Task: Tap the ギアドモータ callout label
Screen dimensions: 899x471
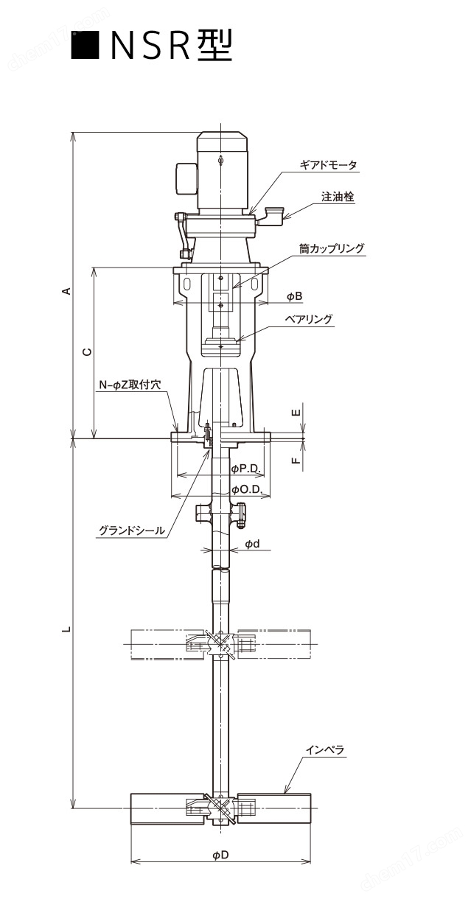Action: pos(328,166)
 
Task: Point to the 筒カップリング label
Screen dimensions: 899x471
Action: pos(332,249)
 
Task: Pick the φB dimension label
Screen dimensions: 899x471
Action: pos(294,296)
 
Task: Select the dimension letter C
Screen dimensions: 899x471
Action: pos(87,352)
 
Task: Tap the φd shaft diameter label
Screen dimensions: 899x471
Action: pos(251,544)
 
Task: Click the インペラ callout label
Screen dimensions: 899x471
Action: pos(325,750)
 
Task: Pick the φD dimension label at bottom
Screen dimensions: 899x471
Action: pos(220,855)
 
